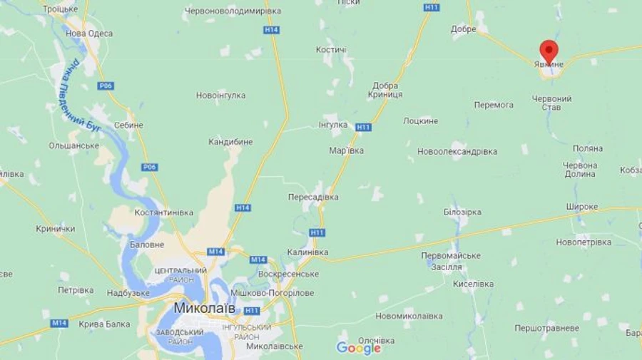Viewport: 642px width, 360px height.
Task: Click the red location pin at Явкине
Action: click(x=549, y=51)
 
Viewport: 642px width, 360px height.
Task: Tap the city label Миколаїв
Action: click(x=204, y=308)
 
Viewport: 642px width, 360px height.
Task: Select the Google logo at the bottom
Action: click(x=358, y=348)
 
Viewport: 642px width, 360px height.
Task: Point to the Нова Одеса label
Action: click(x=89, y=34)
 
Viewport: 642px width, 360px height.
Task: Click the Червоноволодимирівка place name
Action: click(x=233, y=11)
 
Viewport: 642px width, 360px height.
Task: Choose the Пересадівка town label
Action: click(x=313, y=197)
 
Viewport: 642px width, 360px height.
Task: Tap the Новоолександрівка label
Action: click(x=457, y=152)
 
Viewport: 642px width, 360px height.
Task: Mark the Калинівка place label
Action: click(x=307, y=252)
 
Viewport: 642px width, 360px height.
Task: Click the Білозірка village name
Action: click(x=462, y=212)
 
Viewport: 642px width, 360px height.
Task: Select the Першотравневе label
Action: click(x=547, y=328)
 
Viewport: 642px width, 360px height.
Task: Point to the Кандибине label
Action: click(x=230, y=142)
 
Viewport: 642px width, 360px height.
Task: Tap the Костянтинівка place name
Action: click(x=163, y=212)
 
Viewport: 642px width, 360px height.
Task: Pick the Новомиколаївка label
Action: click(x=409, y=316)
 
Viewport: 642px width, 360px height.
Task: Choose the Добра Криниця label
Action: click(x=386, y=90)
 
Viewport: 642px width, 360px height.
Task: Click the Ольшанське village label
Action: click(x=73, y=145)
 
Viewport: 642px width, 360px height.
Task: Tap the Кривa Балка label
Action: click(x=104, y=324)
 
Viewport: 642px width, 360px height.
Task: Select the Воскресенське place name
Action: click(x=288, y=274)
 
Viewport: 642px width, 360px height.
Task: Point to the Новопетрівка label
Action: click(x=584, y=242)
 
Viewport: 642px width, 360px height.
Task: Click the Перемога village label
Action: click(x=494, y=105)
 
